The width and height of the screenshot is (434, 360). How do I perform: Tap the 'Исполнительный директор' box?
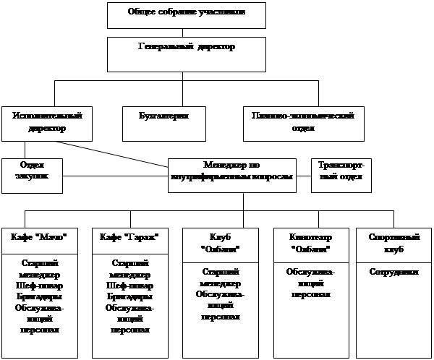pos(46,123)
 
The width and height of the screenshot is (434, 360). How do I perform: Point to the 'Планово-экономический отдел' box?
pos(302,123)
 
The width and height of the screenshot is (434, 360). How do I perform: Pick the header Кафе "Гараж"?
pos(129,238)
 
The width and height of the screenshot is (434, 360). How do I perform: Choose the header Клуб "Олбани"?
pos(220,244)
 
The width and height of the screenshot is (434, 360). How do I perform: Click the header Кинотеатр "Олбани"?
pos(310,244)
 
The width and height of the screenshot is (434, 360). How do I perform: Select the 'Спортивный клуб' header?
pos(393,244)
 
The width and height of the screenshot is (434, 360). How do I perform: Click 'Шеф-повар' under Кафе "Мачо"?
pos(40,286)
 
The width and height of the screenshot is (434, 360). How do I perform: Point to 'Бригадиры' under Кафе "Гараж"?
pos(129,297)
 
